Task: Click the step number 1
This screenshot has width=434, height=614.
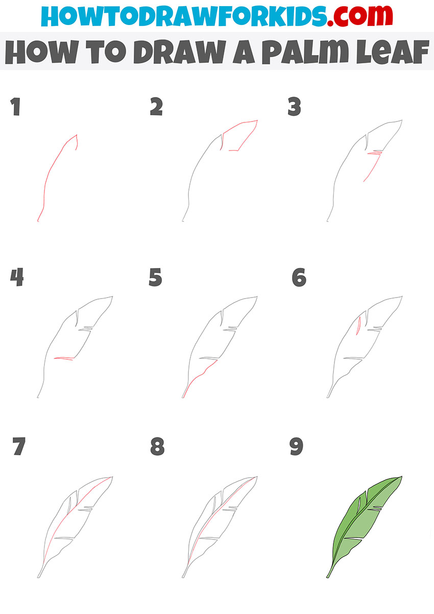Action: pos(16,108)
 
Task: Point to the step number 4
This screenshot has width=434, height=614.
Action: pos(17,278)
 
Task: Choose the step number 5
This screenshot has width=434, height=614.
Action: pos(156,278)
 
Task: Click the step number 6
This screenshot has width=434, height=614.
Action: pos(299,278)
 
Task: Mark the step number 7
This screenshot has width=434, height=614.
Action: pos(18,447)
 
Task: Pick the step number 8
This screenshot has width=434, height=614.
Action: pos(157,447)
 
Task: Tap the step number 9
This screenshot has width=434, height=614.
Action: pos(296,447)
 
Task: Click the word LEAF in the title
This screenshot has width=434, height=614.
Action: pos(390,53)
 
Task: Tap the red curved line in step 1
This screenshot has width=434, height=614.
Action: pos(51,174)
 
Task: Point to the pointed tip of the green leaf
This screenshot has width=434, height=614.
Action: pos(401,477)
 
